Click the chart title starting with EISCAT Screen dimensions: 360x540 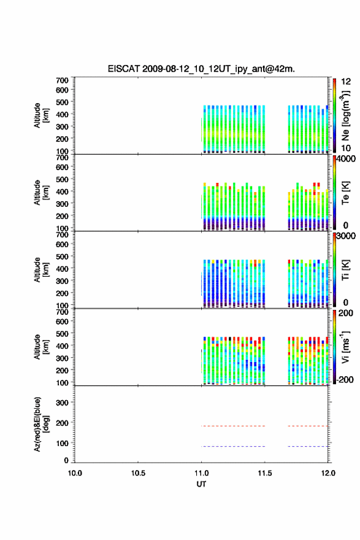pyautogui.click(x=201, y=69)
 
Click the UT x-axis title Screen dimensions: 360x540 pyautogui.click(x=201, y=484)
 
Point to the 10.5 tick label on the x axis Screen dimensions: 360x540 pyautogui.click(x=138, y=473)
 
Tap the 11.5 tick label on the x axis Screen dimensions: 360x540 pyautogui.click(x=265, y=473)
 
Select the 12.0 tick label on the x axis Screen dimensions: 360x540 pyautogui.click(x=328, y=473)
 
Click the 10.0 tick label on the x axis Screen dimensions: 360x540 pyautogui.click(x=75, y=473)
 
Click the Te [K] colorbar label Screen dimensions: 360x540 pyautogui.click(x=345, y=193)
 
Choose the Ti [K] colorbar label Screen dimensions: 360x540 pyautogui.click(x=345, y=269)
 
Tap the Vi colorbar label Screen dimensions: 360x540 pyautogui.click(x=345, y=347)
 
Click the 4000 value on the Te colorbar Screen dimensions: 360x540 pyautogui.click(x=345, y=159)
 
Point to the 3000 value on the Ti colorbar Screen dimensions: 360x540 pyautogui.click(x=345, y=236)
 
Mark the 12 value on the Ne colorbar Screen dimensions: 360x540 pyautogui.click(x=346, y=82)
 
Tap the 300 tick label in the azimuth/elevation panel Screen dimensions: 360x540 pyautogui.click(x=63, y=403)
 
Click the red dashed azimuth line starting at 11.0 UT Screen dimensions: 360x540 pyautogui.click(x=233, y=426)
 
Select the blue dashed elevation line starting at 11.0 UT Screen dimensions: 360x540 pyautogui.click(x=233, y=446)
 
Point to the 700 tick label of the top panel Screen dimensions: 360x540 pyautogui.click(x=63, y=80)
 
